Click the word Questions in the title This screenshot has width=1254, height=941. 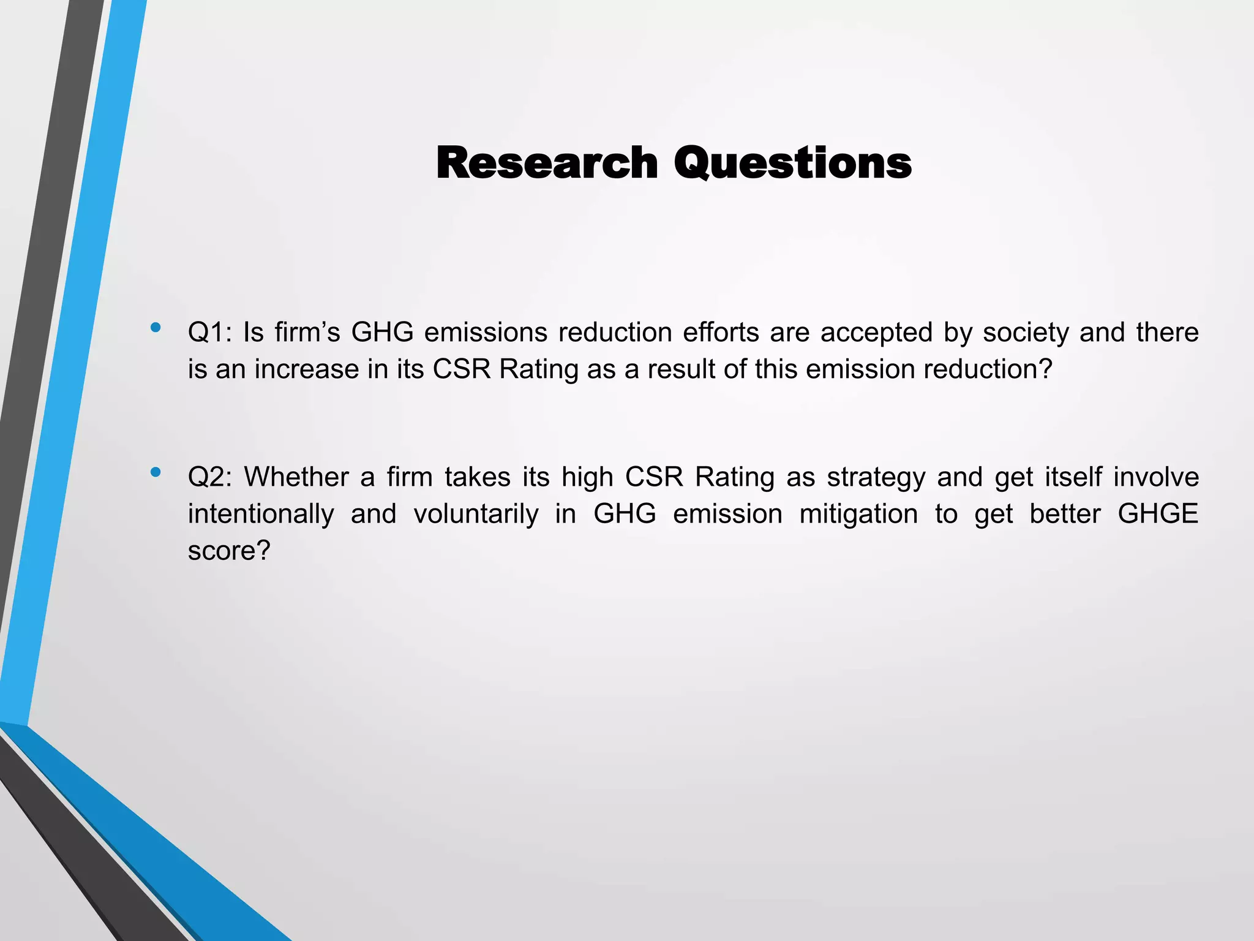pos(793,164)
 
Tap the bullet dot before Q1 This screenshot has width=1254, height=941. pos(156,327)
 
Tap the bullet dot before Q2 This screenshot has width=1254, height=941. pos(156,472)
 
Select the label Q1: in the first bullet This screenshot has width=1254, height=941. pos(209,333)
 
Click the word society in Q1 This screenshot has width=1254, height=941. pos(1026,333)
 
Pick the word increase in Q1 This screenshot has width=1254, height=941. pos(306,369)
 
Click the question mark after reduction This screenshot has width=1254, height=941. pos(1046,369)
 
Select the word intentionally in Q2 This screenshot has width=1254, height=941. pos(260,514)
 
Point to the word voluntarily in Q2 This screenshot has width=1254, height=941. pos(476,514)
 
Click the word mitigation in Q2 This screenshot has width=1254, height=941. pos(858,514)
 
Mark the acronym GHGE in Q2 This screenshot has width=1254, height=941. pos(1158,514)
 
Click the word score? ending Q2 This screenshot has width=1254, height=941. pos(229,551)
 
